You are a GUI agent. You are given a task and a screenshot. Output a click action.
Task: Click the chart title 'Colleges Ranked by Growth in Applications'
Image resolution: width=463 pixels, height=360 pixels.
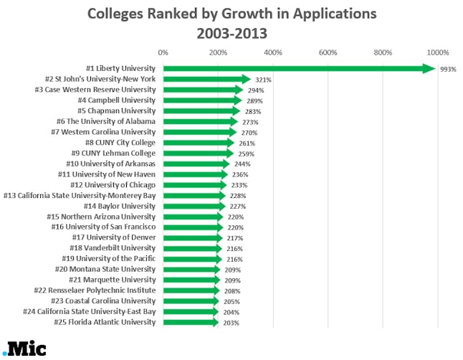[x=231, y=14]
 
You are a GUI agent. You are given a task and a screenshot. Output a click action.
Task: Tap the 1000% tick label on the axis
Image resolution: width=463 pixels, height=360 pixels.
[x=437, y=52]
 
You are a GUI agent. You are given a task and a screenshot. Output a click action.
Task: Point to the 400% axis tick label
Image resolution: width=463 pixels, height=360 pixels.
[x=272, y=52]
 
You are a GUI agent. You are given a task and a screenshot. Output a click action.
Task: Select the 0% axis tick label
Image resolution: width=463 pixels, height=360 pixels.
[x=163, y=52]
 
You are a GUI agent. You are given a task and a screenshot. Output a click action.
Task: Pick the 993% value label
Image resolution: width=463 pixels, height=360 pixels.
[x=448, y=69]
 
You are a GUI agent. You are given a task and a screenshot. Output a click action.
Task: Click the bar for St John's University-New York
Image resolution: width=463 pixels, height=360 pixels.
[x=204, y=79]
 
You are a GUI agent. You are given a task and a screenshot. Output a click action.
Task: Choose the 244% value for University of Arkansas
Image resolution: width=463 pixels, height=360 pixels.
[x=242, y=164]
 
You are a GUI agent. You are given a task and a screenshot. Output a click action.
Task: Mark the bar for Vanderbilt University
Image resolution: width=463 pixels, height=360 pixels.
[x=191, y=248]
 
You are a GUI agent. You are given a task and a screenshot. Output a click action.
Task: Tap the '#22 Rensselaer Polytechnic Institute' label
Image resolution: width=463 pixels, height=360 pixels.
[x=95, y=290]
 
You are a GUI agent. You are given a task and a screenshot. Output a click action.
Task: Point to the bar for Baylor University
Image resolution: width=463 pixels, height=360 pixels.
[x=192, y=206]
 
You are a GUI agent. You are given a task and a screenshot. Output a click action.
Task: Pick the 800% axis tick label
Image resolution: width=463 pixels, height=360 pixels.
[x=383, y=52]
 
